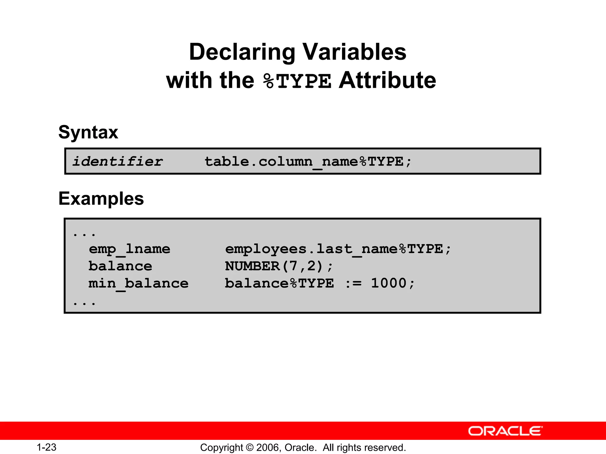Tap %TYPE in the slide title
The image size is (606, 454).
tap(297, 81)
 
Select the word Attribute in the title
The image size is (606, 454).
tap(387, 80)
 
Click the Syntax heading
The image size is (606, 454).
tap(88, 132)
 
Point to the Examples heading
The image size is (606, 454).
tap(101, 198)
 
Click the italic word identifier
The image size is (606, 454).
tap(117, 161)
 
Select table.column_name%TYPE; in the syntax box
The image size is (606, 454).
tap(308, 162)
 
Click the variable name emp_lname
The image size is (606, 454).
tap(129, 249)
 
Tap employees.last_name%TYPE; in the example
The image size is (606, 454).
tap(338, 249)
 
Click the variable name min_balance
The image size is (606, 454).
tap(138, 283)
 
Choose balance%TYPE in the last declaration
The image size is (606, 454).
tap(279, 283)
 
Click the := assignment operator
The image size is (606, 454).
tap(353, 283)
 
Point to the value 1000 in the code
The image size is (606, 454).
tap(389, 283)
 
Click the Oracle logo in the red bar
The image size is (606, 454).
tap(505, 431)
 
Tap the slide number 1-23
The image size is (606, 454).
tap(46, 447)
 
